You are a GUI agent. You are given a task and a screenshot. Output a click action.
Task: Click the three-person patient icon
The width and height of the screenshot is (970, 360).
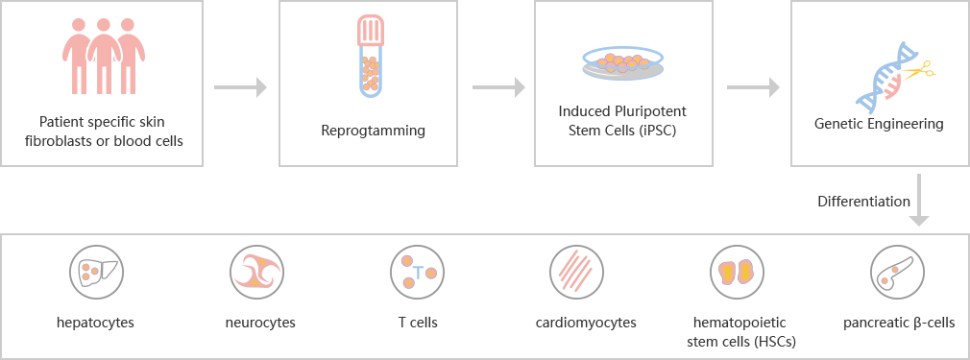point(104,56)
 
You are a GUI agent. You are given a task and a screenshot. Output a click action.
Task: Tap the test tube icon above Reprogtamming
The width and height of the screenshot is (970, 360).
point(371,57)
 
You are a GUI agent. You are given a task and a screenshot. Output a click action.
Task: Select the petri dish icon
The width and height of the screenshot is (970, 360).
point(623,62)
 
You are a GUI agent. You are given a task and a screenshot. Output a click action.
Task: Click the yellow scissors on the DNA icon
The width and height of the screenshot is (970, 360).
point(919,70)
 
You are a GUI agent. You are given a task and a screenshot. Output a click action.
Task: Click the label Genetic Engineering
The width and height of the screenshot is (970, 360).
point(879,124)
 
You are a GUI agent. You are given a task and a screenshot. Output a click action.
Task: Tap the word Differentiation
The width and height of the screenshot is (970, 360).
point(863,202)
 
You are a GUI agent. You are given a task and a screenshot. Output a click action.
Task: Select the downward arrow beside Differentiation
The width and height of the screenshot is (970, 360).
point(919,200)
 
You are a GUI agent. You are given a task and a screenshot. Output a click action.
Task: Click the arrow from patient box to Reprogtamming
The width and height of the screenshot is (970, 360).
point(240,87)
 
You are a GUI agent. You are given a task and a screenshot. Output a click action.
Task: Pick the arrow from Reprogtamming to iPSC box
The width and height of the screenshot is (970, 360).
point(498,87)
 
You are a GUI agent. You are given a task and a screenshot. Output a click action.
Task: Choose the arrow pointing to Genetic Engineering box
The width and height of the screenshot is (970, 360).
point(753,87)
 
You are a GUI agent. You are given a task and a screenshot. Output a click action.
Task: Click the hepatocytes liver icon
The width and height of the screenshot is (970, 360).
point(95,272)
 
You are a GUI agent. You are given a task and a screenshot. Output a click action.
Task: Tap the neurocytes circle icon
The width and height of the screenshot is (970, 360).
point(256,272)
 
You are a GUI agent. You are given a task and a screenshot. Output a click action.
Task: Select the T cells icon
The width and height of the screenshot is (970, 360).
point(417,272)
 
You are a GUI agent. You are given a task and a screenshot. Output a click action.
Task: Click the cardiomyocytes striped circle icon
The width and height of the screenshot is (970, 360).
point(577,272)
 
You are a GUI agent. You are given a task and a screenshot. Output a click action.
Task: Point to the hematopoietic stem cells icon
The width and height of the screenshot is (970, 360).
point(737,272)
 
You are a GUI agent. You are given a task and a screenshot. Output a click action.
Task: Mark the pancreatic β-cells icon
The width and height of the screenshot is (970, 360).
point(898,272)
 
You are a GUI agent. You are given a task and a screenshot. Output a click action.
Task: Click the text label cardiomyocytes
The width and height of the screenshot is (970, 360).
point(586,323)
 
